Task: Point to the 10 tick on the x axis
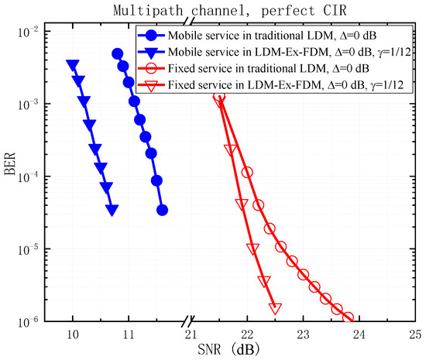point(73,334)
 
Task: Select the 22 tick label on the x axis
point(247,334)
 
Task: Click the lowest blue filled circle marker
point(162,210)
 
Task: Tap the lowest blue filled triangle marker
point(112,210)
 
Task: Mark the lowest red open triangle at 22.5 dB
point(275,307)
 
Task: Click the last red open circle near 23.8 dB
point(348,317)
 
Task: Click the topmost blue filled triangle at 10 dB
point(73,65)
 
